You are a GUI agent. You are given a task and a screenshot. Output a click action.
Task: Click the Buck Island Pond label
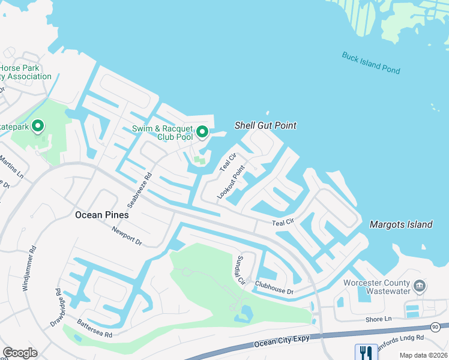click(x=371, y=62)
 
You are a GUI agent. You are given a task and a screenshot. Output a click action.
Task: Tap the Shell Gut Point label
click(x=265, y=125)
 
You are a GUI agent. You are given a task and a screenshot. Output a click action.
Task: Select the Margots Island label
click(x=401, y=224)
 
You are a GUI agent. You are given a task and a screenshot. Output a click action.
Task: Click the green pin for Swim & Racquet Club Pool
click(x=202, y=131)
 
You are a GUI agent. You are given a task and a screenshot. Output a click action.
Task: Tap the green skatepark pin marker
click(x=38, y=126)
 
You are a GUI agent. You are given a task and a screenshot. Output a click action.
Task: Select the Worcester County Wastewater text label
click(x=376, y=287)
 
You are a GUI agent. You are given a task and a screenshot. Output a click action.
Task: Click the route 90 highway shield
click(x=435, y=327)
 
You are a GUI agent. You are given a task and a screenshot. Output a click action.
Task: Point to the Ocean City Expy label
click(x=282, y=340)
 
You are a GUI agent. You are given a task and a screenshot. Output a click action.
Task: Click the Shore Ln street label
click(x=379, y=319)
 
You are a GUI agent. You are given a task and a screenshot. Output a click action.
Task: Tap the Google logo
click(x=20, y=352)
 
